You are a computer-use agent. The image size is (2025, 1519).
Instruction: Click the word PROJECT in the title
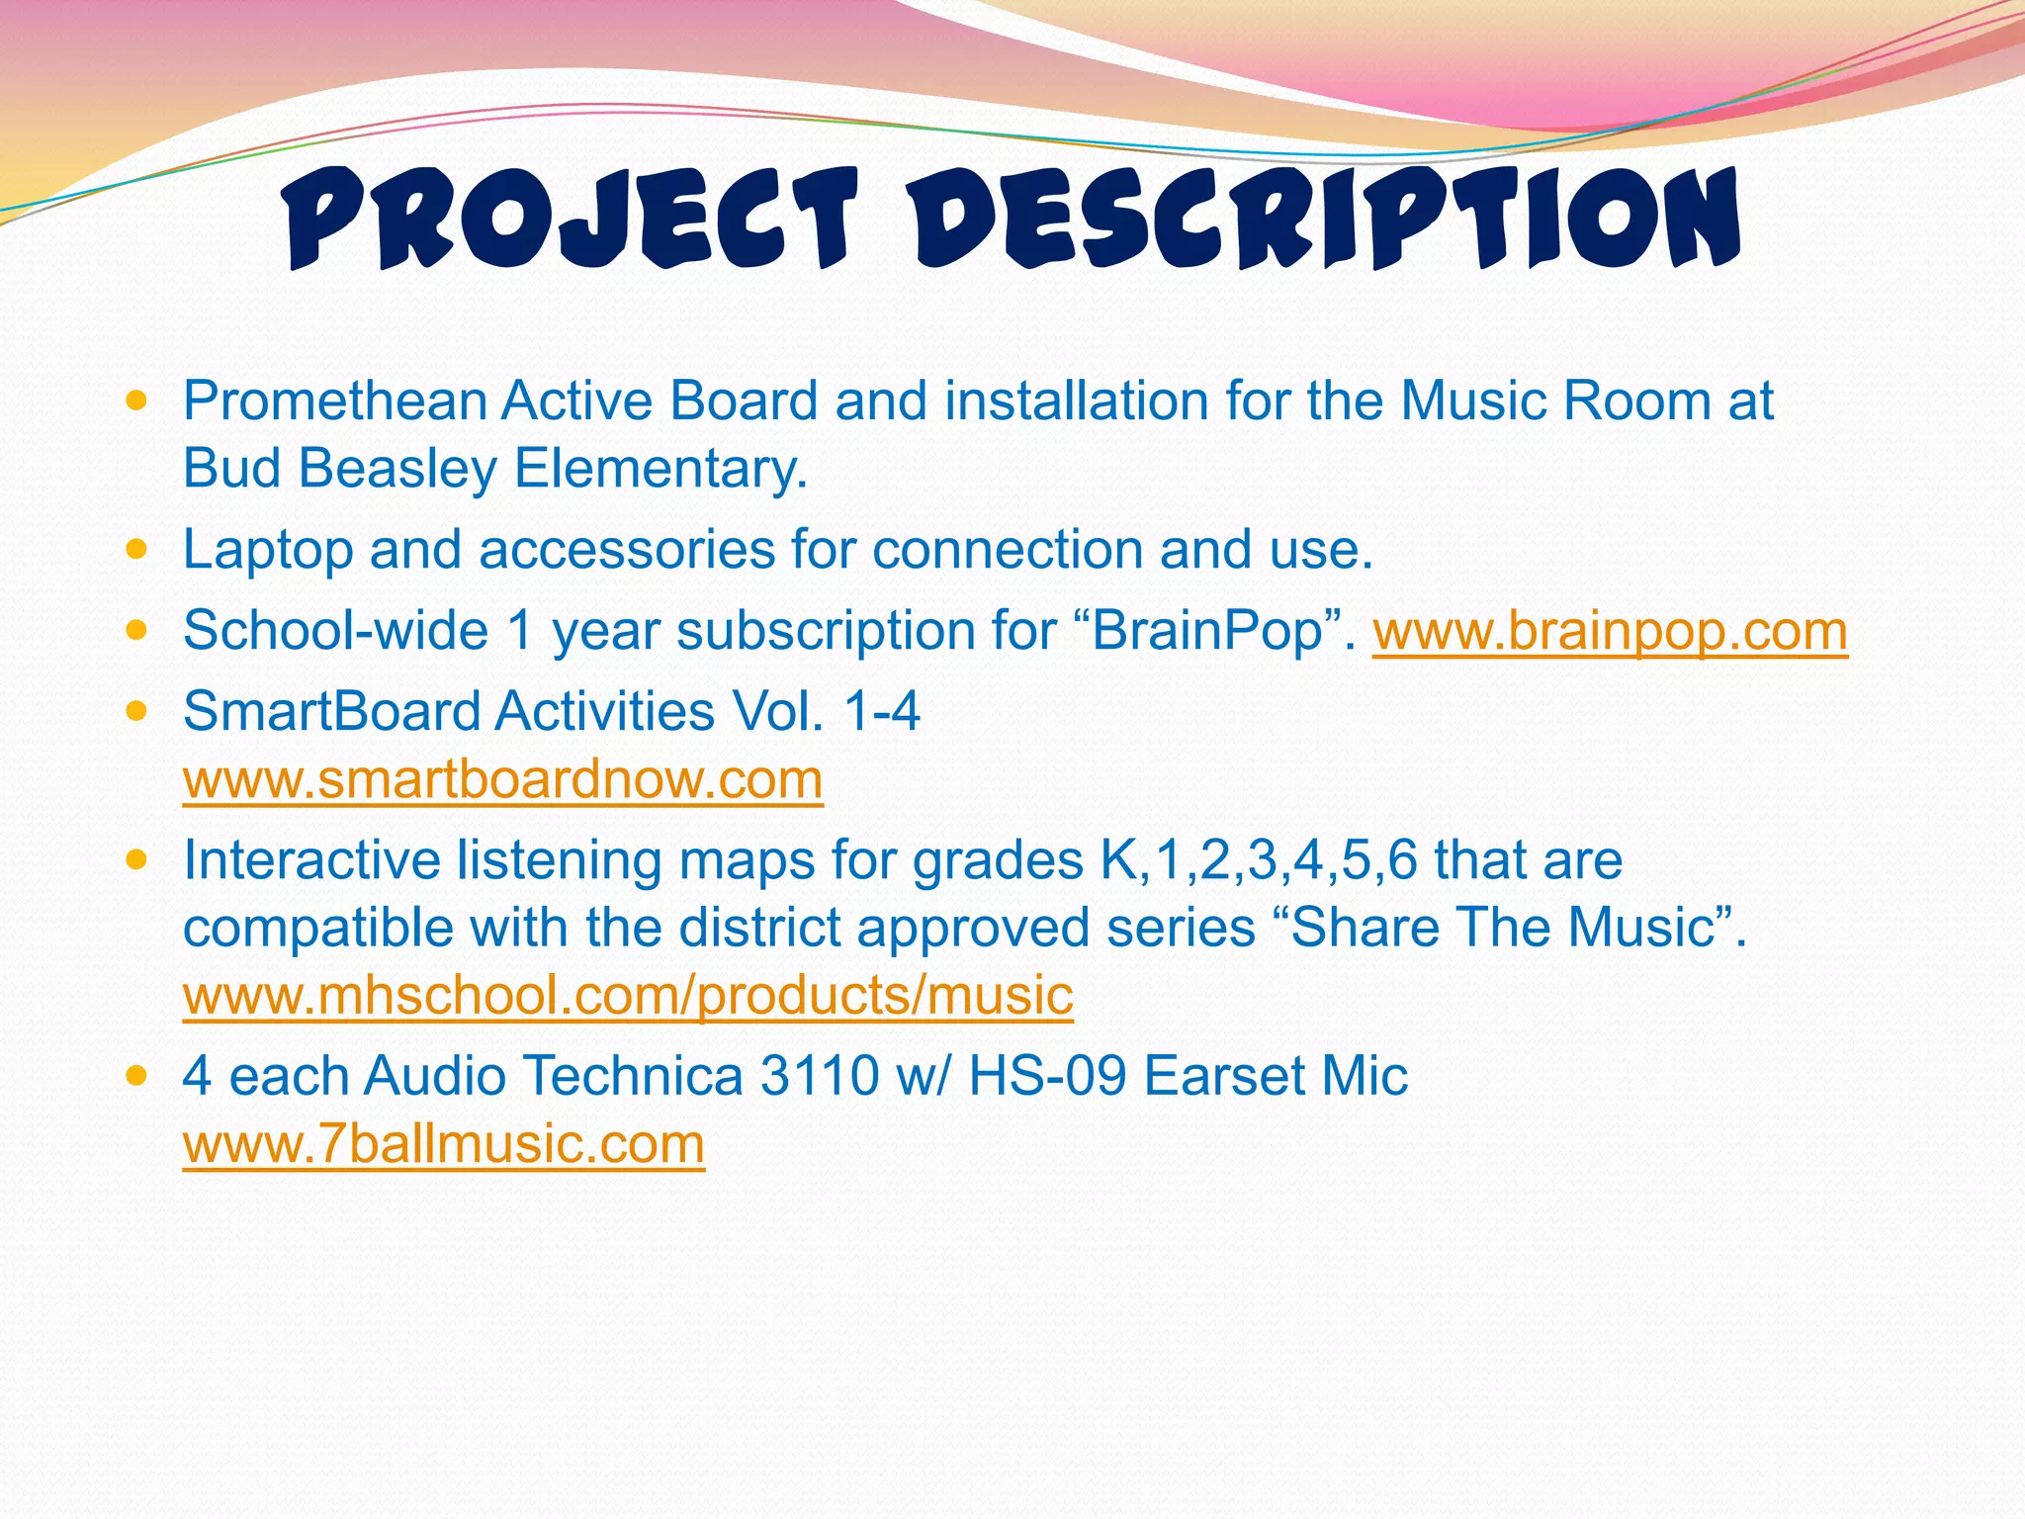point(569,220)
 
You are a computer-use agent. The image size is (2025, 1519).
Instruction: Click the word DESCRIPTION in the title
point(1325,220)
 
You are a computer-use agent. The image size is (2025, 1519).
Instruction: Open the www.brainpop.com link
point(1610,631)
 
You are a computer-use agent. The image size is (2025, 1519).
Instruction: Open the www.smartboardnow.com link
point(502,779)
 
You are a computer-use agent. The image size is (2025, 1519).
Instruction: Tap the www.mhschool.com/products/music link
point(628,995)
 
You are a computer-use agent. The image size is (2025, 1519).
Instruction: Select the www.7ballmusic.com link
point(443,1144)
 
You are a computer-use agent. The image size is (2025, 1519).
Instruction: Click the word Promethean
point(335,402)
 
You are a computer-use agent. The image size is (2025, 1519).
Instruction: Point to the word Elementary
point(660,469)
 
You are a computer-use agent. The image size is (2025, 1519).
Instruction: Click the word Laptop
point(268,550)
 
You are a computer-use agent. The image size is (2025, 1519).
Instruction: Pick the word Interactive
point(310,860)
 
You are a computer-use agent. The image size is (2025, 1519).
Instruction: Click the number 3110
point(819,1076)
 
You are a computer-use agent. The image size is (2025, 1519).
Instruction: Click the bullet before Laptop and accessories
point(137,549)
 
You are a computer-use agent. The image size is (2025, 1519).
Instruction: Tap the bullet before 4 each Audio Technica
point(137,1075)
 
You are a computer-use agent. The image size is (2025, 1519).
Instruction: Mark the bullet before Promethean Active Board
point(137,401)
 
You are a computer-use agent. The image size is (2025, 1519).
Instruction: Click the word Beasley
point(397,469)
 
